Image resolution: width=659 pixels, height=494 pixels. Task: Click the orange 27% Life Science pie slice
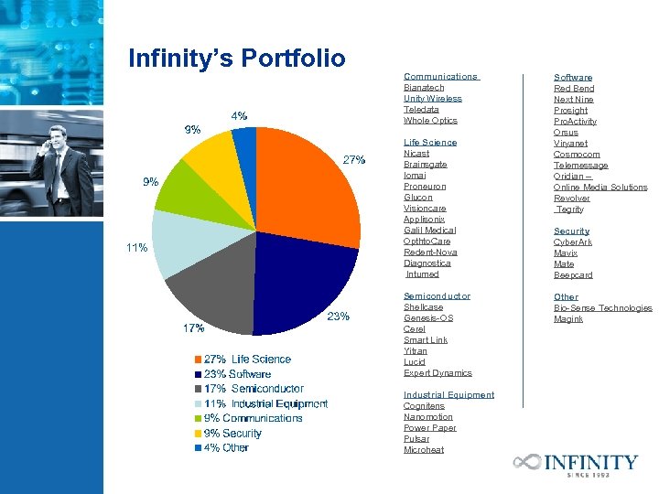click(307, 197)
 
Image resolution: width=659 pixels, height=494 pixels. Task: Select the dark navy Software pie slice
click(297, 284)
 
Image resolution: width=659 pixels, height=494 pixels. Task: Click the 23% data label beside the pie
click(339, 317)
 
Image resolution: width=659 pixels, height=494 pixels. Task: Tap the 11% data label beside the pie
click(136, 248)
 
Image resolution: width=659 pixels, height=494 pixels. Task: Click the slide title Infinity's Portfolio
click(237, 59)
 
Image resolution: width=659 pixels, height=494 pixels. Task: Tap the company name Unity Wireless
click(433, 99)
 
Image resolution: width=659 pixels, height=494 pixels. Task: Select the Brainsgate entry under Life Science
click(426, 165)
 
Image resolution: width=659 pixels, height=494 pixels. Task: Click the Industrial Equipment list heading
click(448, 395)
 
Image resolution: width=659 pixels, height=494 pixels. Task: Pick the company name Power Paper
click(429, 428)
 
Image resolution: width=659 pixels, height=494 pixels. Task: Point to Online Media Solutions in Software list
click(600, 188)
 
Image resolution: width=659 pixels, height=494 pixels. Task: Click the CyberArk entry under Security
click(573, 242)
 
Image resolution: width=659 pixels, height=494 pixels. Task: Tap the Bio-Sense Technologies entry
click(603, 308)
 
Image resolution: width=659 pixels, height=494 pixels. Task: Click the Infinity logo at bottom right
click(576, 464)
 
